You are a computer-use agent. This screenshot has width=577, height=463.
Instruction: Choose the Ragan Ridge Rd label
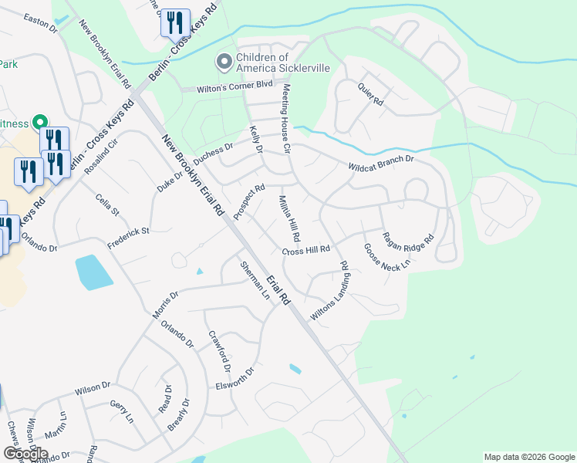pos(409,245)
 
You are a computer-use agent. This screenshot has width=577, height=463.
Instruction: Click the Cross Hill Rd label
pos(306,250)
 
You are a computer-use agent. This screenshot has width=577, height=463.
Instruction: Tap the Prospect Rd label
pos(249,201)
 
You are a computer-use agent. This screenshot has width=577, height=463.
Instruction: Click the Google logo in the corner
pos(25,454)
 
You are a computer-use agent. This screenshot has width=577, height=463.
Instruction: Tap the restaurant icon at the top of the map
pos(175,22)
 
